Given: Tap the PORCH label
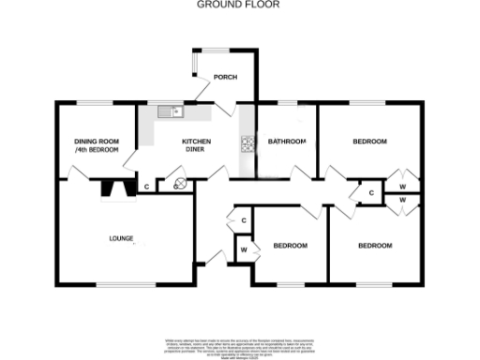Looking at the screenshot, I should point(225,77).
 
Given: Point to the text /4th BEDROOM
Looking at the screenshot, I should point(97,150).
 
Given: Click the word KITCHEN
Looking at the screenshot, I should point(197,142).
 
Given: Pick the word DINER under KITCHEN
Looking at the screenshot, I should point(197,150).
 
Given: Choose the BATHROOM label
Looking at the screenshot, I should point(287,142).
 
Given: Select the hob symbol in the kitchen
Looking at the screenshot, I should point(248,143).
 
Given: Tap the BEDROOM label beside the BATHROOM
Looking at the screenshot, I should point(369,142).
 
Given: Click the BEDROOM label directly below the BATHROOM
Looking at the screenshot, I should point(290,246).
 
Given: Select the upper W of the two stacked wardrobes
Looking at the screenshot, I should point(401,186).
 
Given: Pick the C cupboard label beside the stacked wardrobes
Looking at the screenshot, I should point(371,193).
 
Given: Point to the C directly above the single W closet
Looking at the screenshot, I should point(244,220).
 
